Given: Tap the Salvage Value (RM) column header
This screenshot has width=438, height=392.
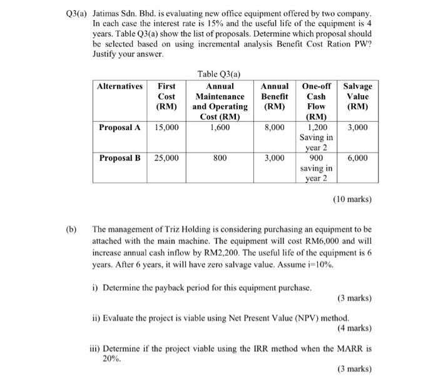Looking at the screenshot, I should [357, 96].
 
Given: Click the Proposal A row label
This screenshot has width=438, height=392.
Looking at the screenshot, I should [120, 127].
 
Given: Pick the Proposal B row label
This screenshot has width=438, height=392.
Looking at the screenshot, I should [120, 158].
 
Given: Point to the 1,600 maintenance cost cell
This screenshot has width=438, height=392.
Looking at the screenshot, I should [220, 127].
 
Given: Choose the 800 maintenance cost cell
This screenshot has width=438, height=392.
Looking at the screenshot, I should [220, 158].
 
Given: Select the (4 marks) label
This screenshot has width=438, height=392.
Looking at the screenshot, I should [354, 327].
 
